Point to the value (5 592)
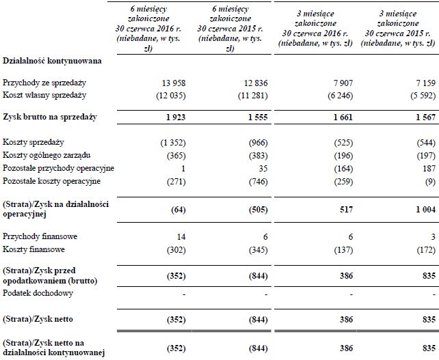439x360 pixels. coord(416,94)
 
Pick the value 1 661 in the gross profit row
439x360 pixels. coord(339,117)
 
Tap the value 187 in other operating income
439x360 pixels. coord(427,168)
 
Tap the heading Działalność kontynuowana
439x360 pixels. coord(52,61)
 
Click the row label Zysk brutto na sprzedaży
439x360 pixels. coord(50,117)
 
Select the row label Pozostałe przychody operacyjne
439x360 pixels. coord(58,168)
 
